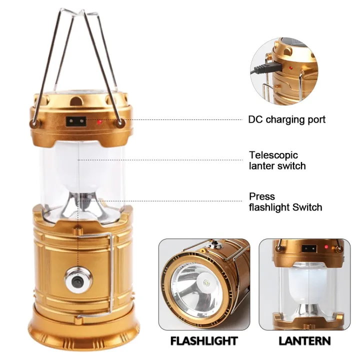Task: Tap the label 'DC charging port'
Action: [x=287, y=119]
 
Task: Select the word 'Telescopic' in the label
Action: [x=273, y=155]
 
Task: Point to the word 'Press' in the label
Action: [x=262, y=196]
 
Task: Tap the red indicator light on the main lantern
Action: [x=100, y=121]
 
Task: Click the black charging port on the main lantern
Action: [x=75, y=121]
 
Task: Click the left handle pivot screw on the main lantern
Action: [x=34, y=122]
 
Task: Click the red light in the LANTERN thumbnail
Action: [x=325, y=247]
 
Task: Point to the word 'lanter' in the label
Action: [x=261, y=165]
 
